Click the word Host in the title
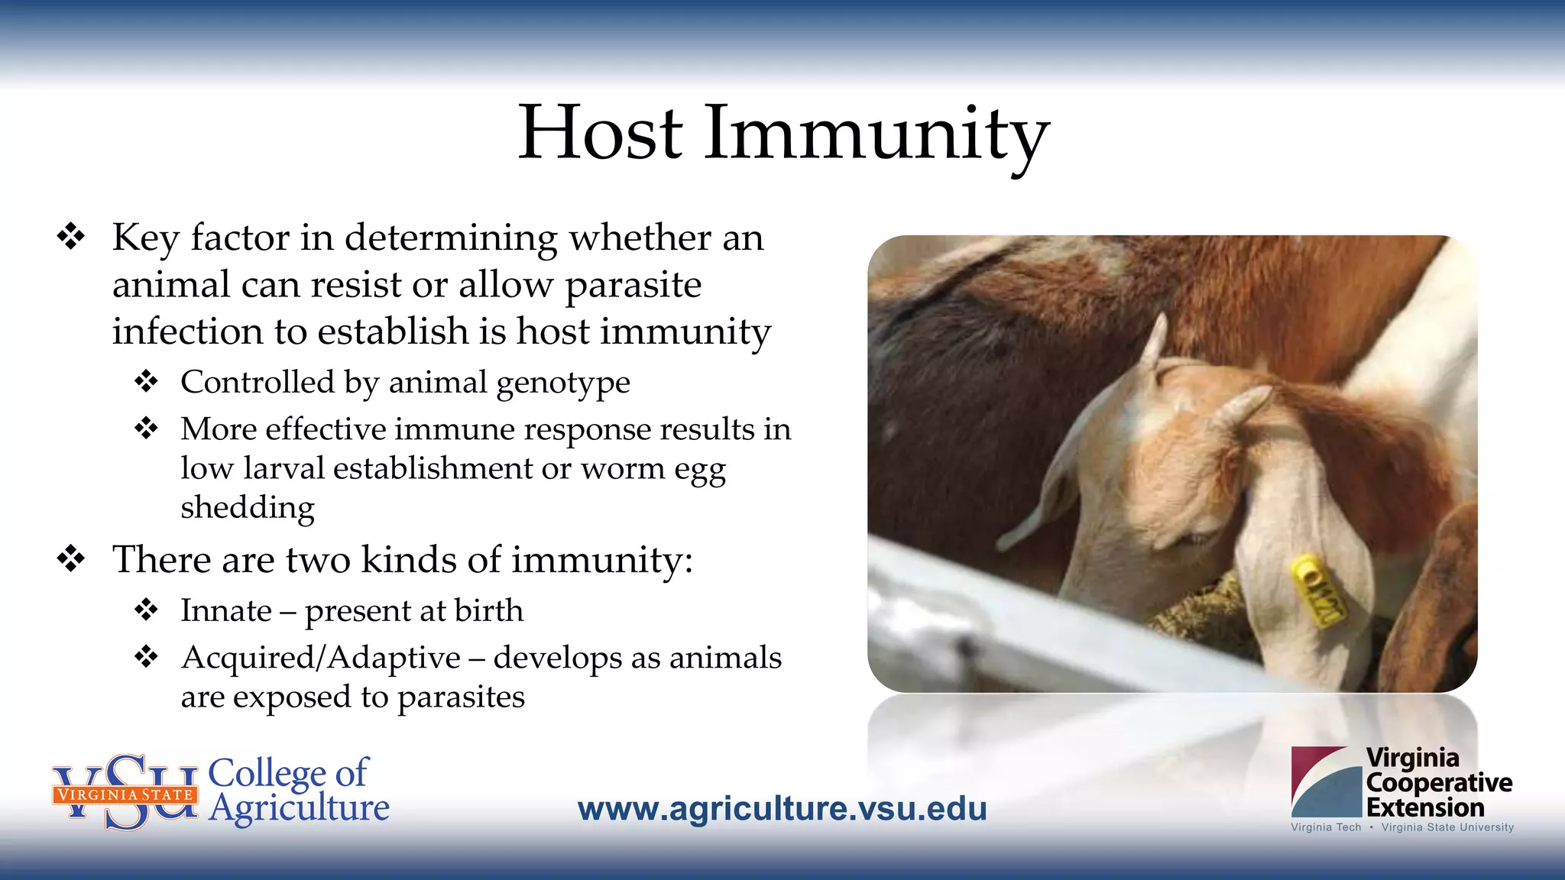[x=600, y=133]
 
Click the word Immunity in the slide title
[x=876, y=134]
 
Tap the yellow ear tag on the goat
[x=1317, y=590]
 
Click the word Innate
[x=226, y=611]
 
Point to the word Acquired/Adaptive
[x=321, y=658]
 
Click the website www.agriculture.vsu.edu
[x=782, y=809]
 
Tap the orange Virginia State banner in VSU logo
[x=125, y=794]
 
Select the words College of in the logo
[x=288, y=773]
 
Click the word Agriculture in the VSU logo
[x=299, y=808]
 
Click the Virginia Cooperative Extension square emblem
[x=1326, y=781]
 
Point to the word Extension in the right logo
[x=1425, y=807]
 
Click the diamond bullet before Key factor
[x=71, y=237]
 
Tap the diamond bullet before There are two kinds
[x=71, y=559]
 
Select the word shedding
[x=248, y=508]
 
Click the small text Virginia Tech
[x=1326, y=827]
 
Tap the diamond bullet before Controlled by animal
[x=146, y=381]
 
